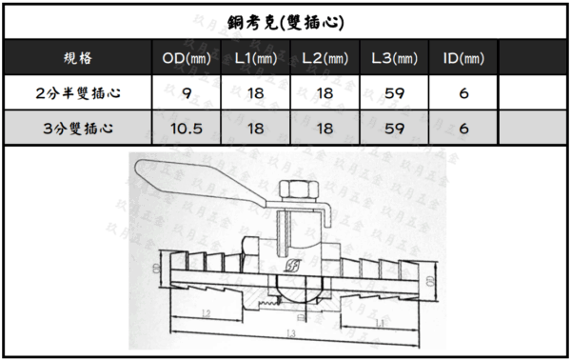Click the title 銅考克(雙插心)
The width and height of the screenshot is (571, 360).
285,21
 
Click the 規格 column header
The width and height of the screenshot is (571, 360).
77,59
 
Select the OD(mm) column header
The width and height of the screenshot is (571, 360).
187,59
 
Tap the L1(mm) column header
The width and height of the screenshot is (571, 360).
256,59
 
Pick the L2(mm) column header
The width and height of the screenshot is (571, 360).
325,59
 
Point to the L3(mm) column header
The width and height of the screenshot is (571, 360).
395,59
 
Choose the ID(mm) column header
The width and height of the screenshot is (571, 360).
464,59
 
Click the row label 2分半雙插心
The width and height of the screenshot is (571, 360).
77,93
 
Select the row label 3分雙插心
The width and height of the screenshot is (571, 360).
77,129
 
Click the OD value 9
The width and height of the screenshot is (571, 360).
187,93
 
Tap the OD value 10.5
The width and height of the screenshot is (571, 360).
187,129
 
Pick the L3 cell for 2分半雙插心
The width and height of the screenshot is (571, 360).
395,93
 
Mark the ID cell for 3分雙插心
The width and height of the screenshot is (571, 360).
464,129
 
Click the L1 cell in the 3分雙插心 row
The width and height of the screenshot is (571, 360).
256,129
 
